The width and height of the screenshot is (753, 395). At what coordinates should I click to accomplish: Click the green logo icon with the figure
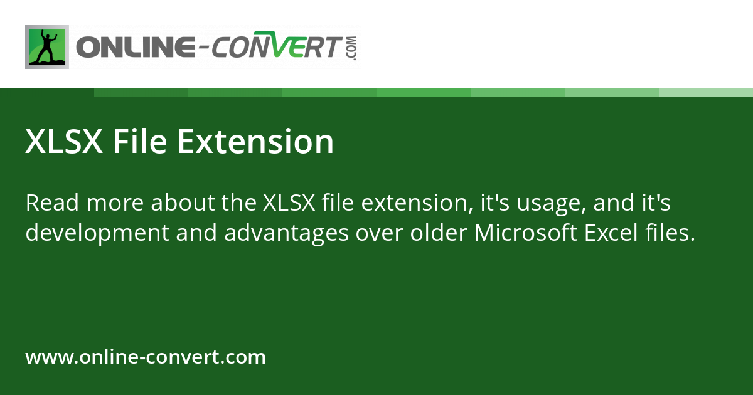click(x=47, y=47)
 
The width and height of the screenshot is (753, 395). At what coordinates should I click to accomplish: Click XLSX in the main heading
click(x=63, y=142)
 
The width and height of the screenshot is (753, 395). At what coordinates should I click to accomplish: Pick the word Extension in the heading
click(x=255, y=142)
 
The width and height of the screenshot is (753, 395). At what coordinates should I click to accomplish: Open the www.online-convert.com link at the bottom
click(x=146, y=357)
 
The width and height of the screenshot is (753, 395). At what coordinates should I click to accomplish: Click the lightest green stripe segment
click(x=705, y=92)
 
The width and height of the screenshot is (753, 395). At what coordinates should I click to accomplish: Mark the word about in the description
click(x=183, y=203)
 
